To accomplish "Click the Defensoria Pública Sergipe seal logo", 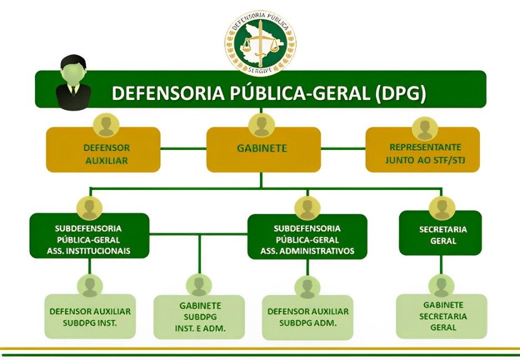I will coord(260,43).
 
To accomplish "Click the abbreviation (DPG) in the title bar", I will coord(400,93).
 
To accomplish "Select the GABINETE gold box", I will coord(262,149).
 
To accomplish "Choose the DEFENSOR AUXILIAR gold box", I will coord(103,154).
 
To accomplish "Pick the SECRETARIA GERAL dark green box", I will coord(442,235).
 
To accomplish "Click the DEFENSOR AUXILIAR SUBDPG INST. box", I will coord(90,316).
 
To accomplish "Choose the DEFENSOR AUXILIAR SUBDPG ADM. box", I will coord(308,317).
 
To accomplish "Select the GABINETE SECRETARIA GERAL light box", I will coord(442,316).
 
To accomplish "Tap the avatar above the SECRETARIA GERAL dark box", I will coord(442,208).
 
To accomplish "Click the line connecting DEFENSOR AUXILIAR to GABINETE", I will coord(183,149).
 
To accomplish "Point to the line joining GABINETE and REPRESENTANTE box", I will coord(343,149).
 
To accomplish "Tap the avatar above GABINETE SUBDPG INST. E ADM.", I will coord(199,285).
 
